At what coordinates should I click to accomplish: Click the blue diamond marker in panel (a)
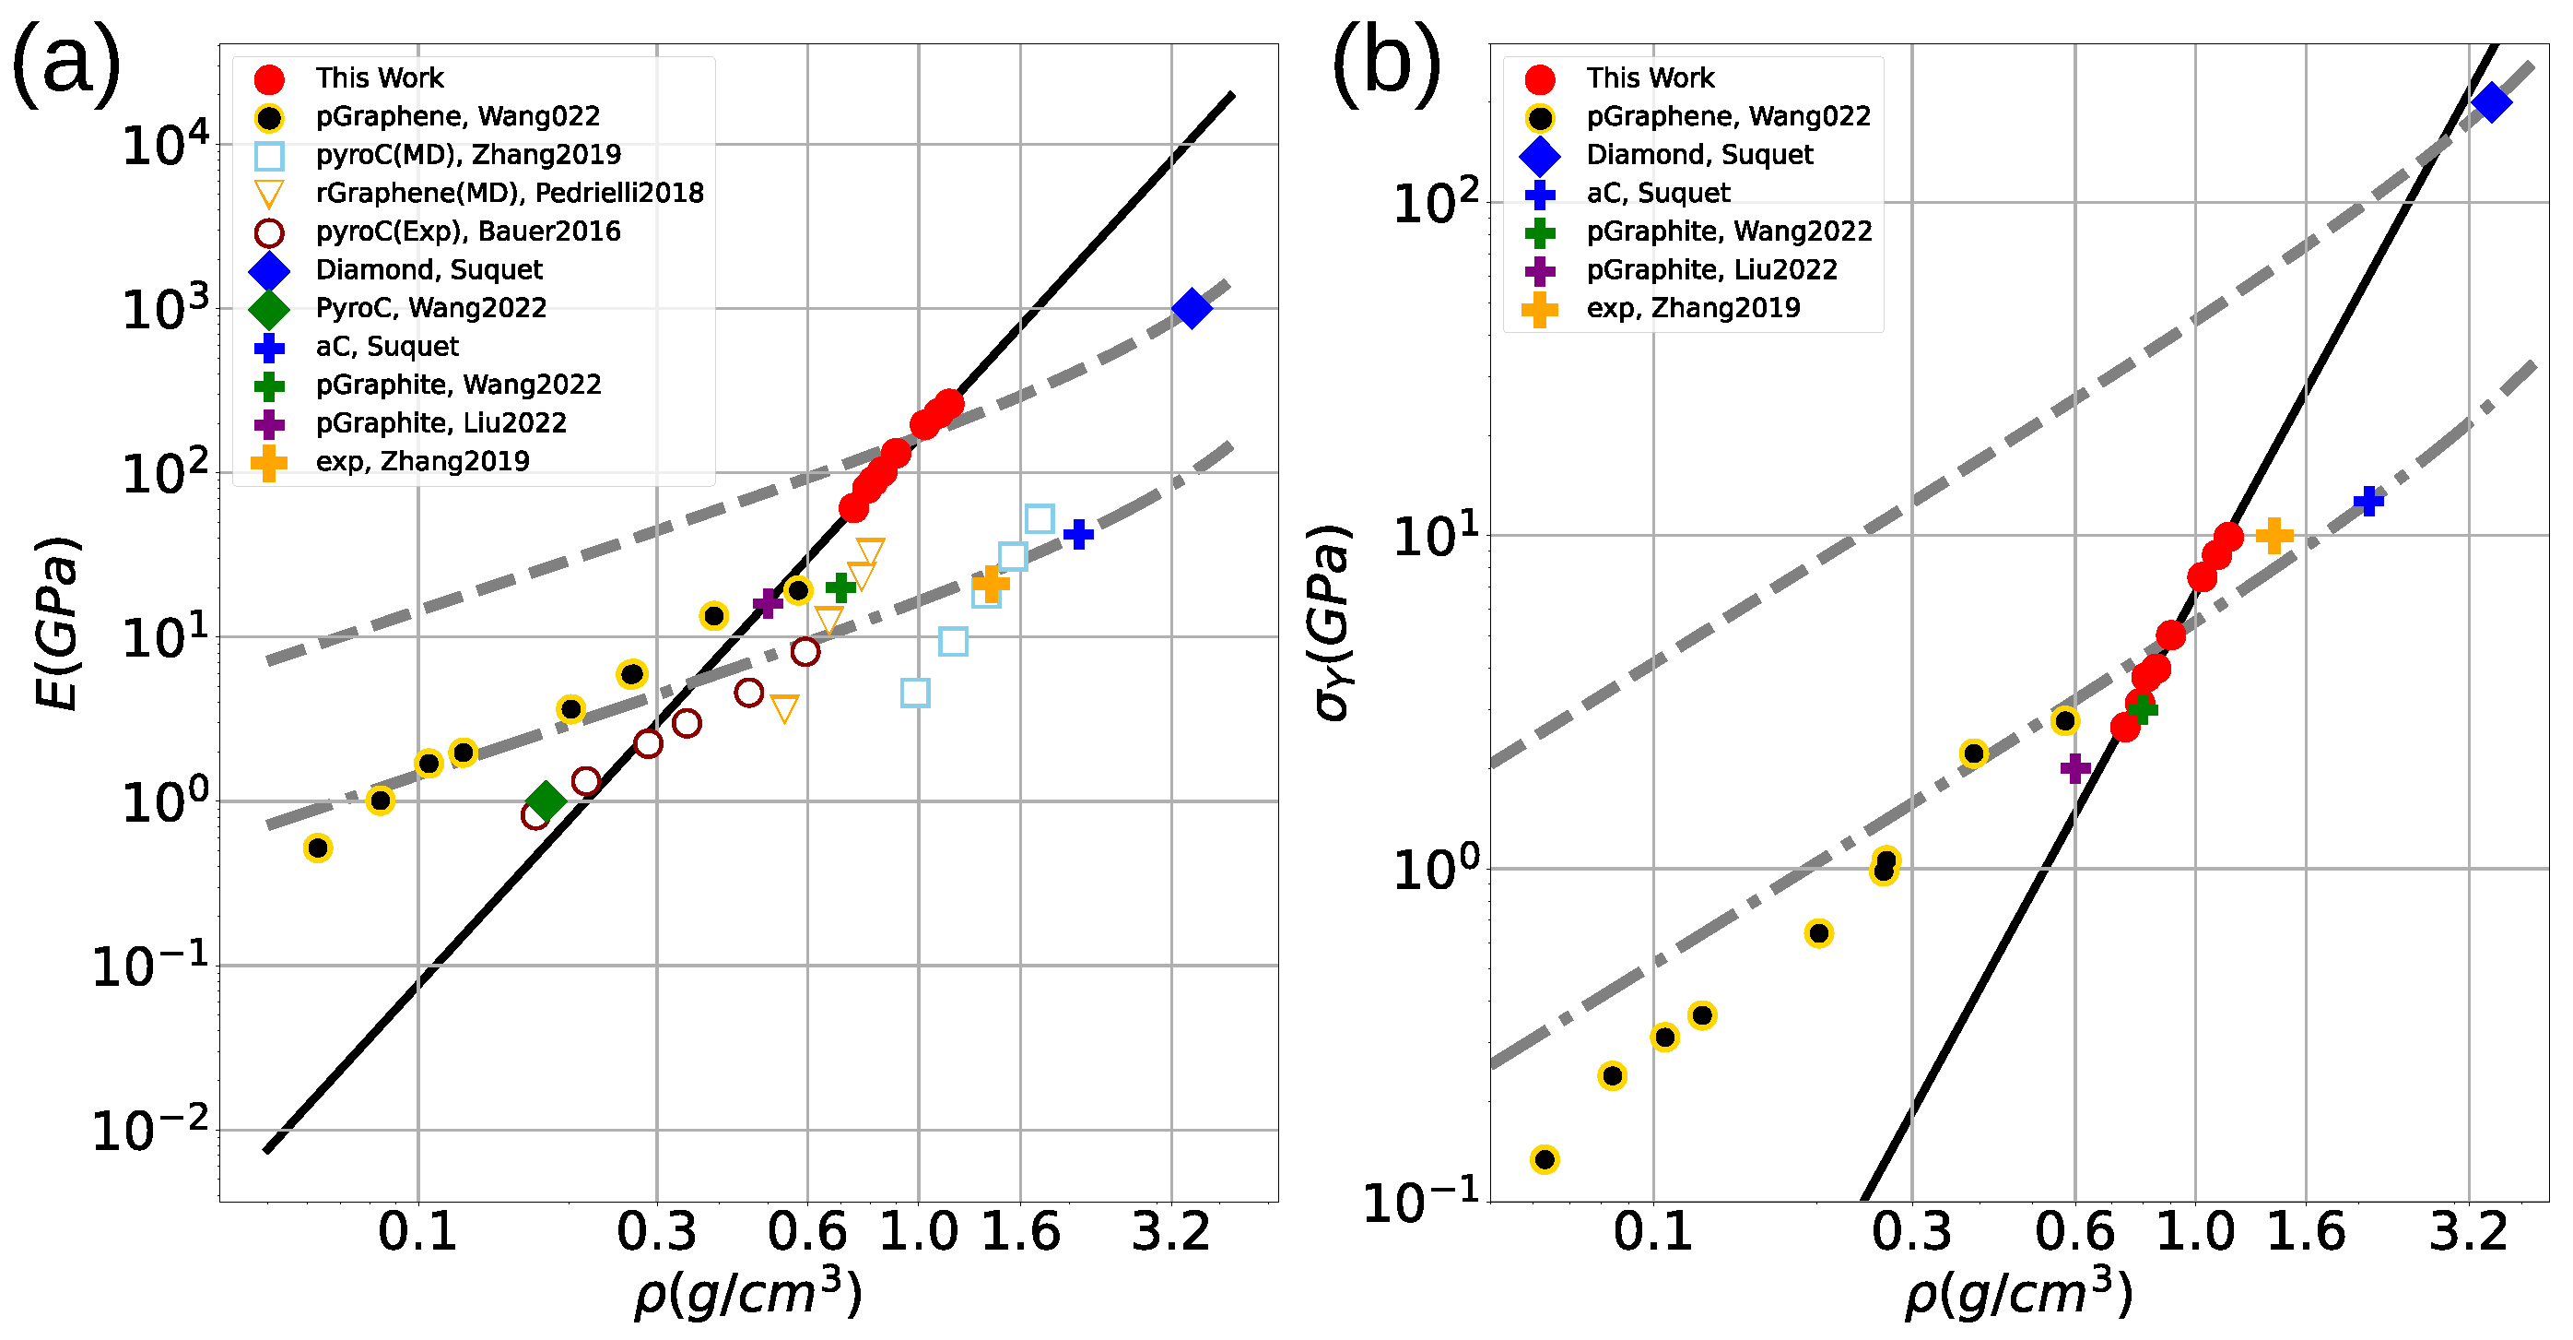pos(1192,308)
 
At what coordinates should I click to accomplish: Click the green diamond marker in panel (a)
pos(546,800)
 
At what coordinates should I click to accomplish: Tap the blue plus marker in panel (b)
pos(2368,501)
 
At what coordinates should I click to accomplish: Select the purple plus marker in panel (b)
pos(2075,767)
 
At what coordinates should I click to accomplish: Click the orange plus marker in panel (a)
pos(990,585)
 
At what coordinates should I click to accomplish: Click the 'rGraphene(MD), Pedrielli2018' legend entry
pos(510,192)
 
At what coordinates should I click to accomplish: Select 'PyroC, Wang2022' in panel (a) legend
pos(430,308)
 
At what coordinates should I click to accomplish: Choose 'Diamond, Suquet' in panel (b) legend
pos(1700,154)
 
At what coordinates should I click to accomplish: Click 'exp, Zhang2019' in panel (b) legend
pos(1693,308)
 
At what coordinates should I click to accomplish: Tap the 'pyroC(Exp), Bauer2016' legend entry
pos(467,231)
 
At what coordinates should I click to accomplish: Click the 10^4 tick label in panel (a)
pos(166,146)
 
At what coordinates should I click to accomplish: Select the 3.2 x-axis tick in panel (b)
pos(2468,1231)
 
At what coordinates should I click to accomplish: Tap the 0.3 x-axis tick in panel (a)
pos(656,1231)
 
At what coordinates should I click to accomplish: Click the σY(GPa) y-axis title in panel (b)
pos(1332,623)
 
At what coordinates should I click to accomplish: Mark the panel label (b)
pos(1386,62)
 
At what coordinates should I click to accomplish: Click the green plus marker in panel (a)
pos(841,587)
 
